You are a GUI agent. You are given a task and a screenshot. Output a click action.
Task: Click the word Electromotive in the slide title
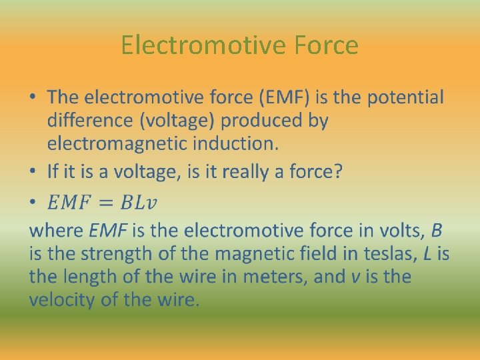tap(203, 45)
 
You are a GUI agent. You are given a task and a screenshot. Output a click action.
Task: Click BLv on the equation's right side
tap(141, 201)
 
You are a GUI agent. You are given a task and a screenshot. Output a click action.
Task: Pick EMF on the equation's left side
tap(71, 201)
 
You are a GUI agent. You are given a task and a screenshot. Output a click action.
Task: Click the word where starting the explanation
tap(57, 231)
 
